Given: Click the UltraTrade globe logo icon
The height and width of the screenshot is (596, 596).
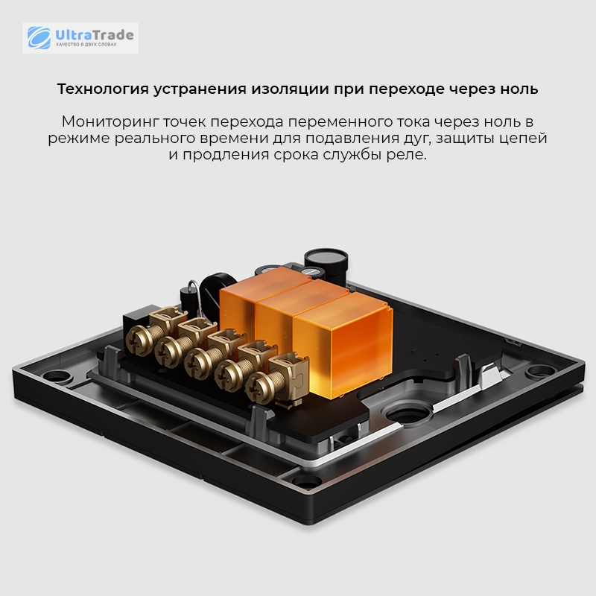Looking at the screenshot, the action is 39,38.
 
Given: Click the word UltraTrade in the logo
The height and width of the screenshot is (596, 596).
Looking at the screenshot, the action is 95,35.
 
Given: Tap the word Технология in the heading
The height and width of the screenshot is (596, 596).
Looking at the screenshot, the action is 103,89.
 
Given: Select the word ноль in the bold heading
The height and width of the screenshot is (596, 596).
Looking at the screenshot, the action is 519,89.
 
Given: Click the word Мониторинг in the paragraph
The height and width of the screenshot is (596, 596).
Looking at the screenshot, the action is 110,122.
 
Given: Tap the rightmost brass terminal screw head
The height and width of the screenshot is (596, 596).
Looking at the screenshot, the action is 258,387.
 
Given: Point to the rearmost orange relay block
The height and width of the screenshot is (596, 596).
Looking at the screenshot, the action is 259,293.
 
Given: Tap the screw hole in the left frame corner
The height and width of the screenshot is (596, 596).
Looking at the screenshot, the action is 57,376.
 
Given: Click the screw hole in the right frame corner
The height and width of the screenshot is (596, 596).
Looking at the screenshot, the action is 542,370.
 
